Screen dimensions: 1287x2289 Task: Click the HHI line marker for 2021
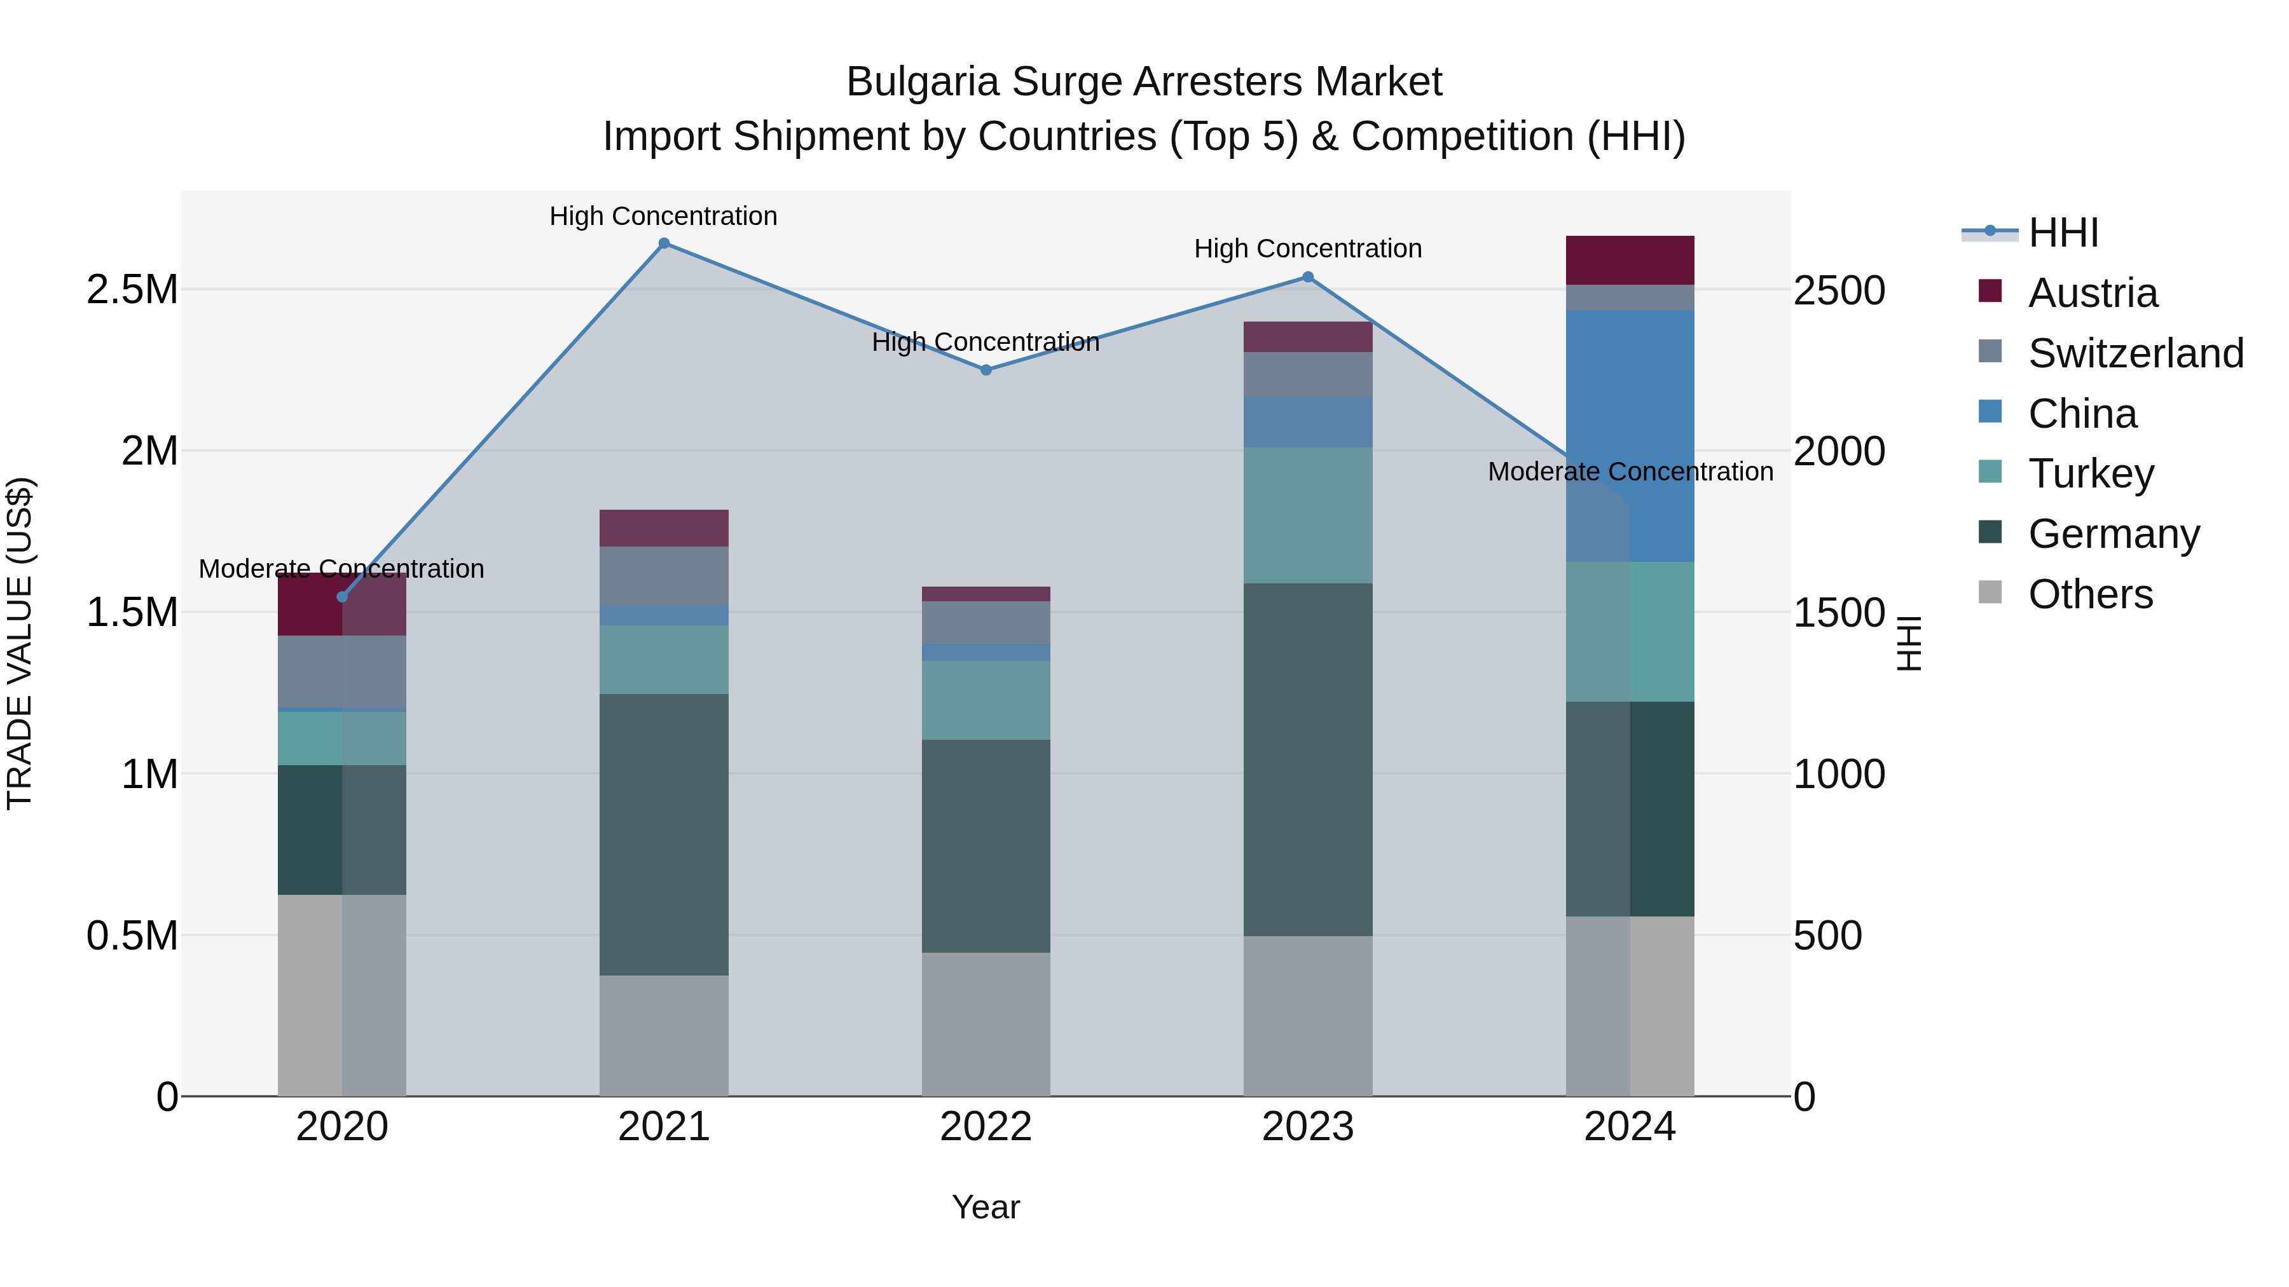click(664, 243)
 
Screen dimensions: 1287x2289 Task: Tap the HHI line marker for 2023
click(1308, 277)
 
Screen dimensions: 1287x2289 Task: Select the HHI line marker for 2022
click(986, 369)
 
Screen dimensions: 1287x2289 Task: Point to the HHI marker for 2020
click(342, 597)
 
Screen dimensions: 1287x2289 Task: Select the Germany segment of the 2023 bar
click(1308, 759)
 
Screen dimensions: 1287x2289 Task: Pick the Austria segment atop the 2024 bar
click(1630, 260)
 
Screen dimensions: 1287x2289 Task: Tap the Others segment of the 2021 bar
click(664, 1036)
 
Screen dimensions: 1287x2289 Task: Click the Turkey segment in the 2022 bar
click(986, 700)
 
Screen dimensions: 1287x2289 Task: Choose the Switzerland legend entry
click(2135, 353)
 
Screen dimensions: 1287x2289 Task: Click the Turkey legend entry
click(2091, 473)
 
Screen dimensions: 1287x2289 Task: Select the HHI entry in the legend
click(2063, 233)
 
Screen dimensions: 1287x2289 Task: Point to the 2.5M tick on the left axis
click(132, 290)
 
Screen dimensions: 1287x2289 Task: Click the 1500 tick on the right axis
click(1838, 613)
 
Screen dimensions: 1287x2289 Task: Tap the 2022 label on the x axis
click(986, 1127)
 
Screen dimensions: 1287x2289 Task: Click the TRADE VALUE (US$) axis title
click(20, 643)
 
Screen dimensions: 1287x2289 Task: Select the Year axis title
click(986, 1207)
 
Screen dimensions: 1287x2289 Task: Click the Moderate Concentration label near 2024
click(1630, 472)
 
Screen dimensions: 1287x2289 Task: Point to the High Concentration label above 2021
click(663, 216)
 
